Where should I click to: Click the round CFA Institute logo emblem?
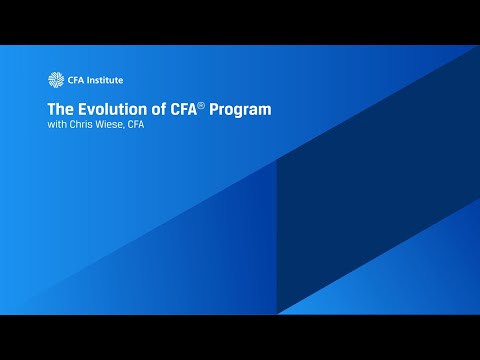55,80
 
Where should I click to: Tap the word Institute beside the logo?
104,80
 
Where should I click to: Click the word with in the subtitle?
57,125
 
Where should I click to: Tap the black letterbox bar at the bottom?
240,337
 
